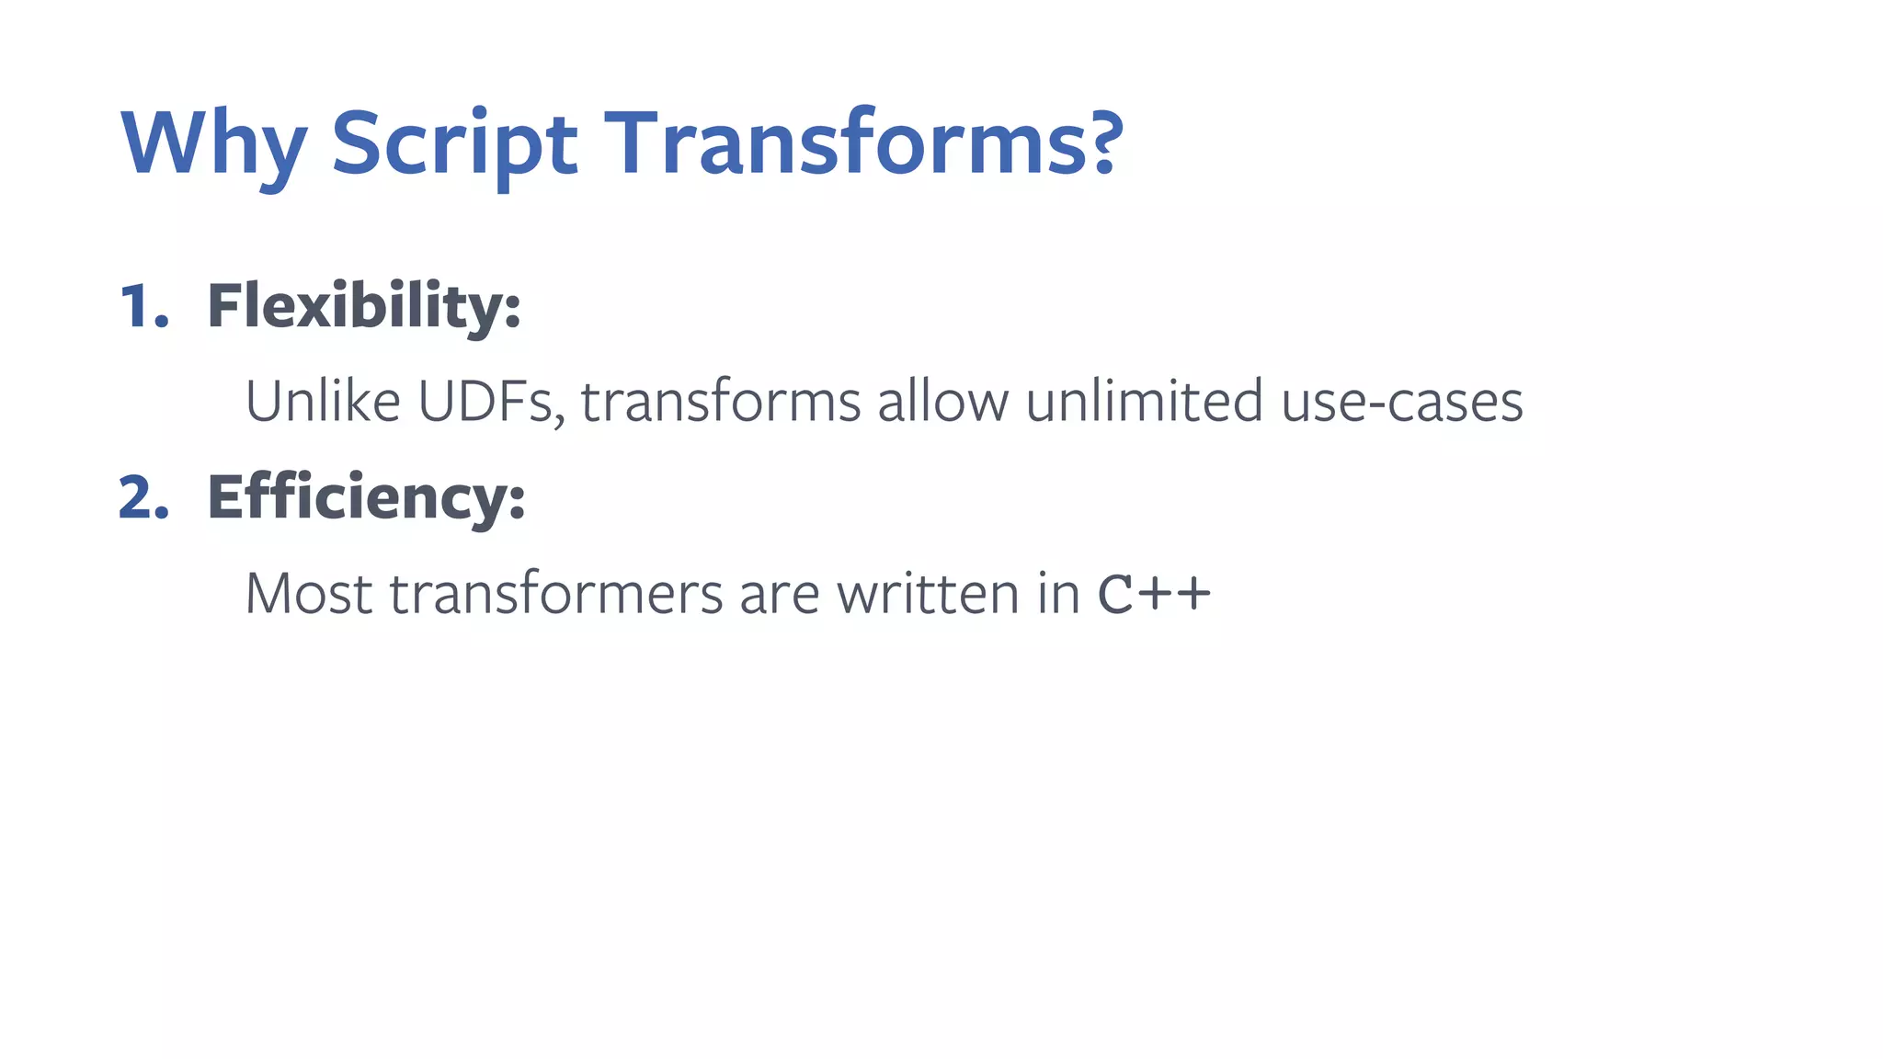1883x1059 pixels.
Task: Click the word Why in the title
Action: tap(214, 145)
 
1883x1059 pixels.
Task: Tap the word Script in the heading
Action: tap(454, 145)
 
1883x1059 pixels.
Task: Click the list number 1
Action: tap(143, 306)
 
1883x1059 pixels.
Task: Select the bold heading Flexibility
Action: tap(363, 306)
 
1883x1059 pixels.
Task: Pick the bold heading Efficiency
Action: tap(366, 499)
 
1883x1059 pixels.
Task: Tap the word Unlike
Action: tap(323, 402)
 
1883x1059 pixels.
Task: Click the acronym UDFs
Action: tap(490, 404)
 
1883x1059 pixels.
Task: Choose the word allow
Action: tap(941, 402)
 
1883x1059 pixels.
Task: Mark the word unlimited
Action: tap(1144, 402)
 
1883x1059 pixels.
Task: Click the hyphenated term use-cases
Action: tap(1401, 404)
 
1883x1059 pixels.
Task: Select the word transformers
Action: tap(556, 594)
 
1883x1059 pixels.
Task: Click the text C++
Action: tap(1154, 594)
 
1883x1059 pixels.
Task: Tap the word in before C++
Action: tap(1058, 594)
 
